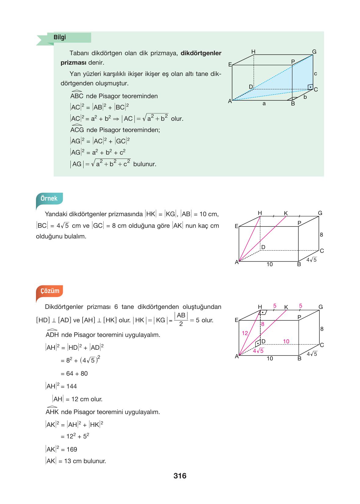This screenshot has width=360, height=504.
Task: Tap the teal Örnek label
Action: click(49, 198)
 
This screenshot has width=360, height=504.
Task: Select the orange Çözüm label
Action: click(50, 291)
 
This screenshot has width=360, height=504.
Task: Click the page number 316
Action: click(180, 476)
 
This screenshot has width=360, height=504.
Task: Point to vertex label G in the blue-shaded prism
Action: click(314, 52)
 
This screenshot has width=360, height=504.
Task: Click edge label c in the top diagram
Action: click(315, 73)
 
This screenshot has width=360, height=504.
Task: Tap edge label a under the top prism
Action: click(264, 104)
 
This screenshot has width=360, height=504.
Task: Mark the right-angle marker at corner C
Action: click(310, 87)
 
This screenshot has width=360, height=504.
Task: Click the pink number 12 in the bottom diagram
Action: click(245, 333)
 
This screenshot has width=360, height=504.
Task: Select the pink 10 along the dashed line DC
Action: click(286, 341)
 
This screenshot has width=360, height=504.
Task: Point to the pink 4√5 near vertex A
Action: click(258, 351)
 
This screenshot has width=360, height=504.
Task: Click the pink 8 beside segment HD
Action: click(263, 324)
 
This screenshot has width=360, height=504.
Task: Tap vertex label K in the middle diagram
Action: click(286, 213)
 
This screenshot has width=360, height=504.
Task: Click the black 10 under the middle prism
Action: click(269, 264)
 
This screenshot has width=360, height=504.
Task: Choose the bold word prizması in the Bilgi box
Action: click(73, 63)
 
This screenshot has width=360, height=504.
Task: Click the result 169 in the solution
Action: click(72, 449)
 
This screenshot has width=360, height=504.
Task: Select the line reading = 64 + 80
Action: click(74, 374)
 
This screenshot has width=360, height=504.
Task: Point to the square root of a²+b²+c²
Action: click(111, 164)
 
